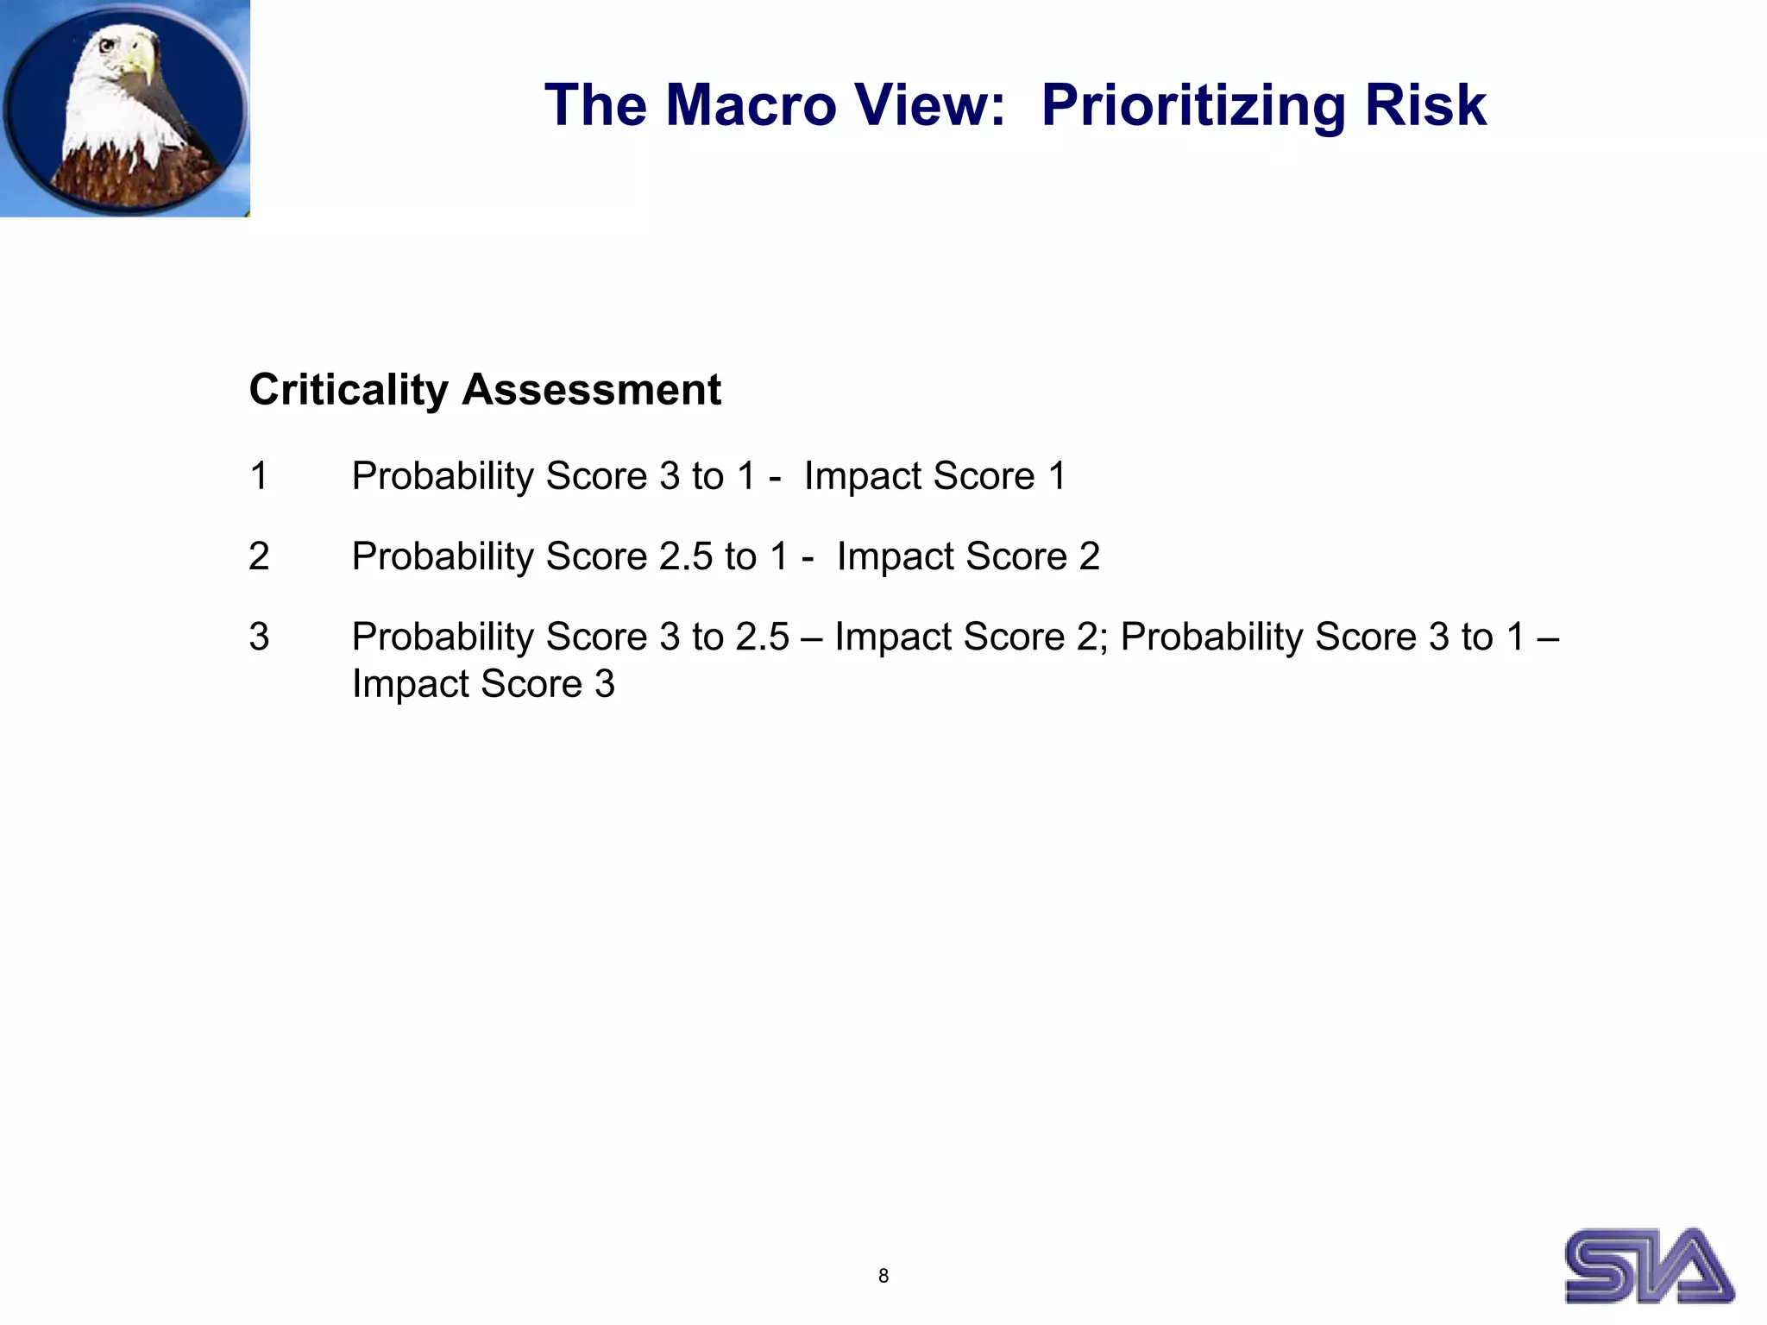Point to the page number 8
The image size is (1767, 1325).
(x=883, y=1276)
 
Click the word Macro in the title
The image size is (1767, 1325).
(x=751, y=105)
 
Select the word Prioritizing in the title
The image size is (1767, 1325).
(x=1192, y=105)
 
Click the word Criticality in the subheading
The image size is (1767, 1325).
(x=349, y=390)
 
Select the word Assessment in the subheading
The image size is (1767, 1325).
(x=591, y=390)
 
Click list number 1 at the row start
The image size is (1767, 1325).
(x=259, y=476)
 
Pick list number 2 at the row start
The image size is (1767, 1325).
(x=259, y=556)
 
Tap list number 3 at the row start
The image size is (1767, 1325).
(x=259, y=637)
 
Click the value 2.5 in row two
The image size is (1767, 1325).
(x=685, y=556)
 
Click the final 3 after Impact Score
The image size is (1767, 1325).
(x=604, y=684)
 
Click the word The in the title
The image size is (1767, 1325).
(x=595, y=105)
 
